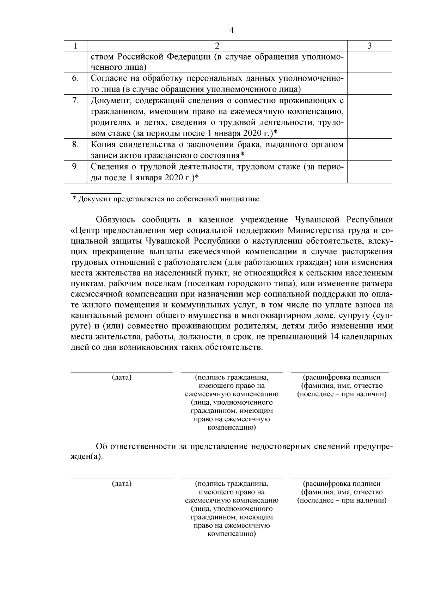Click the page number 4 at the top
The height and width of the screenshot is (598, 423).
pyautogui.click(x=232, y=30)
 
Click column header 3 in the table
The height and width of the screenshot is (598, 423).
pyautogui.click(x=369, y=46)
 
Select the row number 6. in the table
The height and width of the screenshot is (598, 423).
pyautogui.click(x=75, y=78)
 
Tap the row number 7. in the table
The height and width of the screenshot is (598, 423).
pyautogui.click(x=75, y=100)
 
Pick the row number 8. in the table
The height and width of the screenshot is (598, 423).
pyautogui.click(x=75, y=144)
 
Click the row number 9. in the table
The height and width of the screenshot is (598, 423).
pyautogui.click(x=75, y=166)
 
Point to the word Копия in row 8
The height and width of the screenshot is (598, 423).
pyautogui.click(x=103, y=144)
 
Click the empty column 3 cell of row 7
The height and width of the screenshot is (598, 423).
pyautogui.click(x=369, y=116)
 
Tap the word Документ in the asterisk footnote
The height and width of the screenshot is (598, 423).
pyautogui.click(x=94, y=199)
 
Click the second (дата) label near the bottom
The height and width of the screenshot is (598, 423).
pyautogui.click(x=122, y=484)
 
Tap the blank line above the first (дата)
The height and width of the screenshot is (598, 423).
pyautogui.click(x=122, y=372)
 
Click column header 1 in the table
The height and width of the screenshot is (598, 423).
pyautogui.click(x=75, y=46)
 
